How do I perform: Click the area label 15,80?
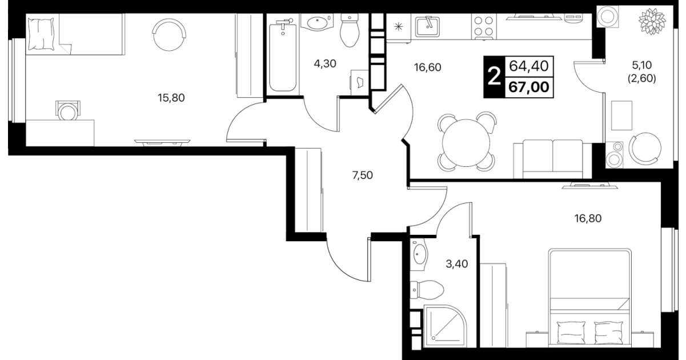(171, 98)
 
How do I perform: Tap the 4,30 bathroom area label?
(325, 64)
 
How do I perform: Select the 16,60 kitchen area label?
(427, 67)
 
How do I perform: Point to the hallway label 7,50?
(362, 175)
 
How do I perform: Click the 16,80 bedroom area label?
(588, 218)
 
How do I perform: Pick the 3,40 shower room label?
(456, 264)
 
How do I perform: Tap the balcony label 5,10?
(642, 65)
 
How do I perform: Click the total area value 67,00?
(529, 87)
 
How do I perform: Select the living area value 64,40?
(529, 66)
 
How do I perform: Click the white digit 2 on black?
(494, 77)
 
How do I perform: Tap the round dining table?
(466, 142)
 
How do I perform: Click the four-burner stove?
(484, 27)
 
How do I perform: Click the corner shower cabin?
(445, 326)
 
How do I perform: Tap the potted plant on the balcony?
(652, 21)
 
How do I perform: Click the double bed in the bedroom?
(590, 298)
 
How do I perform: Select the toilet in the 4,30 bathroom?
(350, 30)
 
